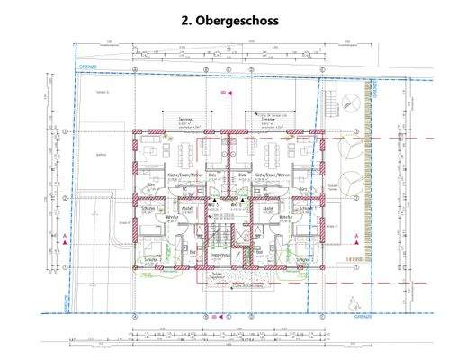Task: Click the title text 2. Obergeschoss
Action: point(233,19)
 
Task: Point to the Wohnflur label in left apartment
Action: point(173,217)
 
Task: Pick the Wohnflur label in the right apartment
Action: point(287,217)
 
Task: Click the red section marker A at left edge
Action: point(66,236)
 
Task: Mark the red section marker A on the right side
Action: point(357,236)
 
